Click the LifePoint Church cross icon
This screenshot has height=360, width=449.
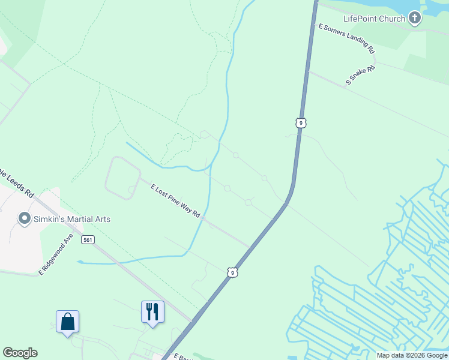(414, 18)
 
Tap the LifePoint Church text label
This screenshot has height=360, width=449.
(374, 19)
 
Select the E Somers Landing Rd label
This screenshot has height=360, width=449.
(346, 39)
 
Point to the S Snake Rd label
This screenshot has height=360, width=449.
(360, 75)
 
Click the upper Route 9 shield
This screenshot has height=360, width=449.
(301, 122)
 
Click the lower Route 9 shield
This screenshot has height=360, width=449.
(232, 272)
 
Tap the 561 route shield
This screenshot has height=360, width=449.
(88, 239)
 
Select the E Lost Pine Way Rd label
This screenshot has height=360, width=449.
(175, 201)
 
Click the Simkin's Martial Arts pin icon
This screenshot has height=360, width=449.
(24, 218)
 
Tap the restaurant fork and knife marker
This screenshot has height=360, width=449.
(152, 312)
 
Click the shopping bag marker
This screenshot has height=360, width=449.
(67, 322)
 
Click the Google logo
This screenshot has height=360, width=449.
(20, 353)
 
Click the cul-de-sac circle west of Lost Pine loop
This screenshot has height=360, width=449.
(131, 190)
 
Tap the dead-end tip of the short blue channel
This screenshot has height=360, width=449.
(79, 262)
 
